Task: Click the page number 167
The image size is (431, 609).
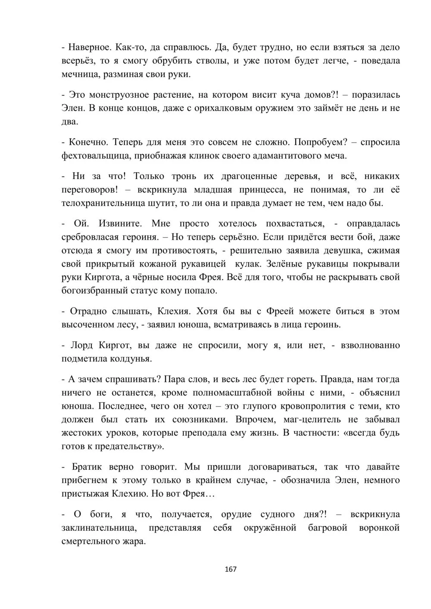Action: pyautogui.click(x=231, y=569)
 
